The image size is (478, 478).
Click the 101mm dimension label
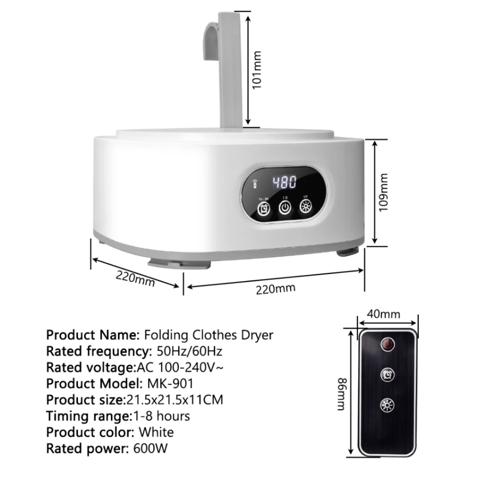point(257,70)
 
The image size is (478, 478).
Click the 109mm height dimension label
point(383,192)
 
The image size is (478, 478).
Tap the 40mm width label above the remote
point(384,314)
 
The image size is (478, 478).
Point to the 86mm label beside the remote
point(342,394)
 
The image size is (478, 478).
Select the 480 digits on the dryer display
point(284,183)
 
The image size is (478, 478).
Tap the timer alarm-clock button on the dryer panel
point(264,209)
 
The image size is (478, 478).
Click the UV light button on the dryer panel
point(305,206)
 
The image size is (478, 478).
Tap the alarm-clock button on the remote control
point(387,375)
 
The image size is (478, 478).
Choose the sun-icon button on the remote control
point(387,405)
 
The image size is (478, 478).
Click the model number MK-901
point(170,384)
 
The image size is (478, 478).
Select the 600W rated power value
point(150,449)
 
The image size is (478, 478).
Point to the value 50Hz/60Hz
point(190,351)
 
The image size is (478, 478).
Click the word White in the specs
point(156,432)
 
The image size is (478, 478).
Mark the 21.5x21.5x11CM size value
point(175,400)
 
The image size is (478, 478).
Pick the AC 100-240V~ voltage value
point(180,367)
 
